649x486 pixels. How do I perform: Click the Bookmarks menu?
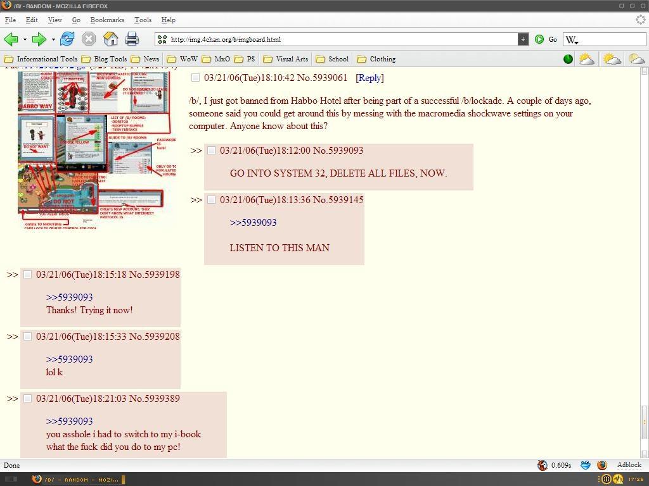coord(107,20)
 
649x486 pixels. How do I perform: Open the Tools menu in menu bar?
coord(143,20)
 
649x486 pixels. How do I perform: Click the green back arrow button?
coord(11,39)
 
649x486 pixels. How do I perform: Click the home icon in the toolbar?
coord(110,39)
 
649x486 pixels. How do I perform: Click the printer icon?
coord(132,39)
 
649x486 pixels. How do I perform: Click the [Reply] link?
coord(369,78)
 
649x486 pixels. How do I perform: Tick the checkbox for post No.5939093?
coord(212,151)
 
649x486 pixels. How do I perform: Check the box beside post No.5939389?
coord(27,399)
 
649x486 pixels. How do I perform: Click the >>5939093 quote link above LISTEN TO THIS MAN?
coord(253,223)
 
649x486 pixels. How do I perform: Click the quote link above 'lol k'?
coord(69,359)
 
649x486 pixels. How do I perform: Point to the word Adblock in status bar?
coord(629,465)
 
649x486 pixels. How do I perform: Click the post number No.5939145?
coord(338,200)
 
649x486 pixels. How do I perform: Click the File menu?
coord(10,20)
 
